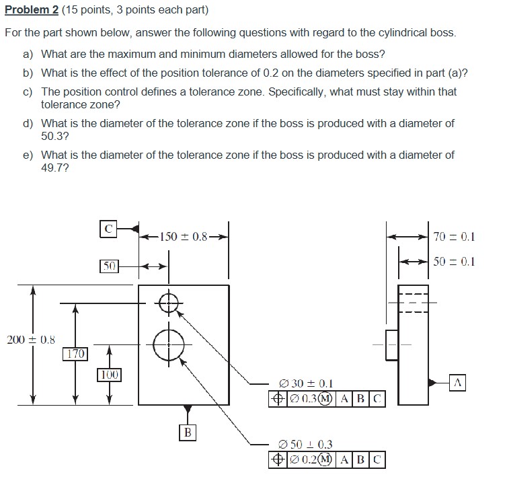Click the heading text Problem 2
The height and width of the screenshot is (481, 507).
(30, 11)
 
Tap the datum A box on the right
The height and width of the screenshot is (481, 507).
(459, 383)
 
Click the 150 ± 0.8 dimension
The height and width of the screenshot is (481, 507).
(184, 236)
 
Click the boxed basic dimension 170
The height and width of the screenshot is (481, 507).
(75, 353)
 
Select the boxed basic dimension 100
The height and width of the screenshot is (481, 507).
(109, 374)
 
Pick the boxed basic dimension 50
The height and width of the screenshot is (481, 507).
(110, 266)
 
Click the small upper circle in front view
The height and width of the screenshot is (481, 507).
(169, 303)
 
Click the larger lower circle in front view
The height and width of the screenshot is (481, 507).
(168, 344)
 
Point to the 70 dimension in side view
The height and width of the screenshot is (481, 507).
(454, 236)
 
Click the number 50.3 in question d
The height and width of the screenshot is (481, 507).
(52, 136)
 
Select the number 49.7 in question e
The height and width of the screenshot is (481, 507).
(52, 167)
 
